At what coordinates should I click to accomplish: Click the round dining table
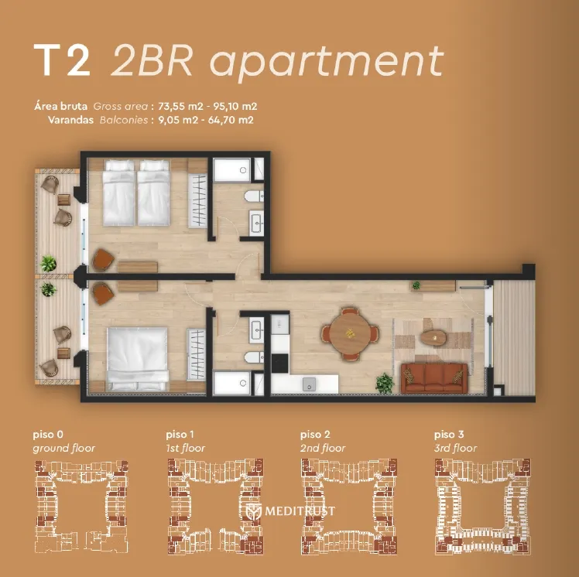[349, 334]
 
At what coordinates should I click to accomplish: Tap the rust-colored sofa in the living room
[434, 378]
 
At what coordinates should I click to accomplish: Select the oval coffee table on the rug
[433, 337]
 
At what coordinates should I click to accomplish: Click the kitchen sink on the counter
[310, 384]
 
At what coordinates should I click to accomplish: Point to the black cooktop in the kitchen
[280, 363]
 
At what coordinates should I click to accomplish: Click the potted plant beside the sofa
[385, 384]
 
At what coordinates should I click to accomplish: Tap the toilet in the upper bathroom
[254, 196]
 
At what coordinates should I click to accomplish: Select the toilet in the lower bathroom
[254, 357]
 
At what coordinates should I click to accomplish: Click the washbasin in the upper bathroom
[256, 223]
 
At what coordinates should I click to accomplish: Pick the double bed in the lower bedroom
[137, 359]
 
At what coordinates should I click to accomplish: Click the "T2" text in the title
[62, 60]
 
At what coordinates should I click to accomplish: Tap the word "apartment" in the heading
[327, 62]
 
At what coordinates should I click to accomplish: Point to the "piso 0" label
[48, 435]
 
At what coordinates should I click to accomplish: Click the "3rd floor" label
[456, 448]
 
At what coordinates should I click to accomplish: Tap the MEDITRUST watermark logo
[290, 511]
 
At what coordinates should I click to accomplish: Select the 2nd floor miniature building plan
[349, 506]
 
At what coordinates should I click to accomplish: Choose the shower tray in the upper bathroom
[232, 169]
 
